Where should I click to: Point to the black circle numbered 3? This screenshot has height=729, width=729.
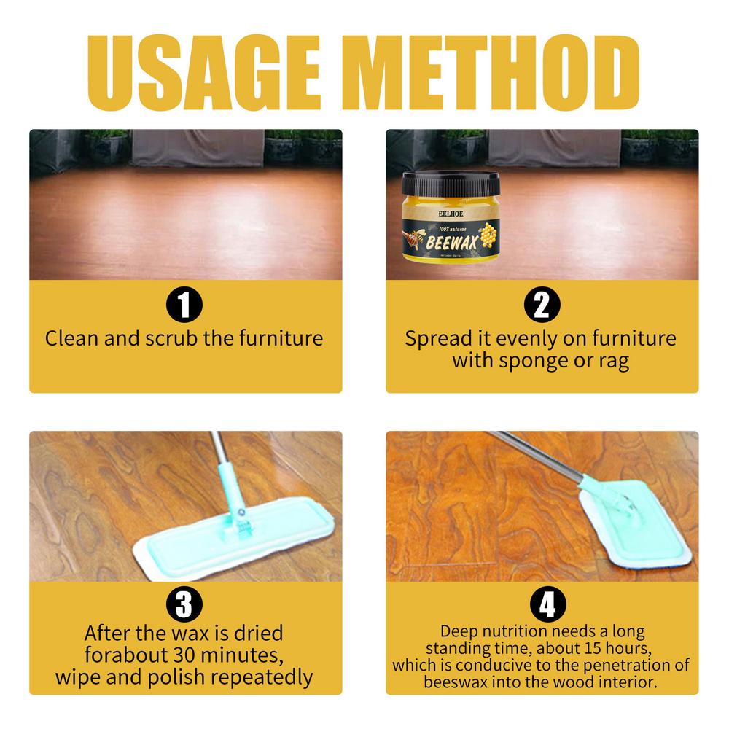tap(185, 603)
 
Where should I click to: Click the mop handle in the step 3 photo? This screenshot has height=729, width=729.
tap(223, 467)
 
